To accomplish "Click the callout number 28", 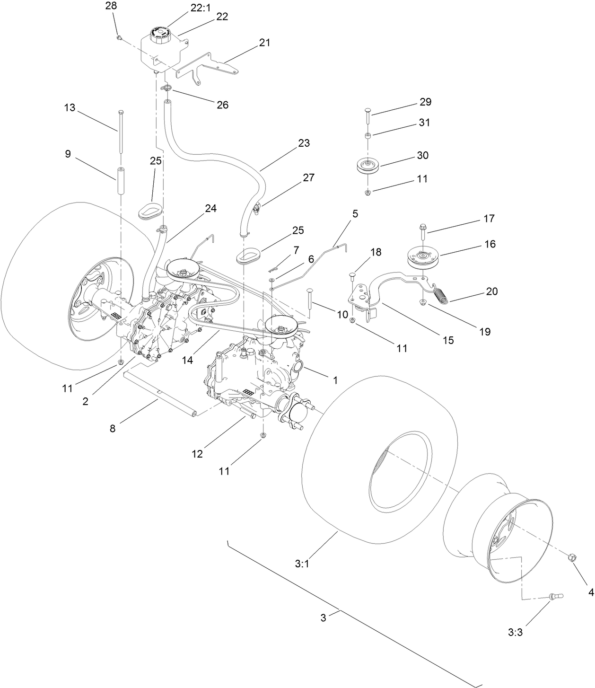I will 112,6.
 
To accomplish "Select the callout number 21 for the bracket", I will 264,43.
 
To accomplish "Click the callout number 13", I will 70,108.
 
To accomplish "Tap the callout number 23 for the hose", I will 304,143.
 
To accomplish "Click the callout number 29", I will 425,102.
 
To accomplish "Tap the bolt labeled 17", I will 422,233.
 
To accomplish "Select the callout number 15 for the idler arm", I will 447,340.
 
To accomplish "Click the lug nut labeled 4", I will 572,557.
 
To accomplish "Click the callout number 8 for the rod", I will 113,429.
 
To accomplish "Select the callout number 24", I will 210,208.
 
